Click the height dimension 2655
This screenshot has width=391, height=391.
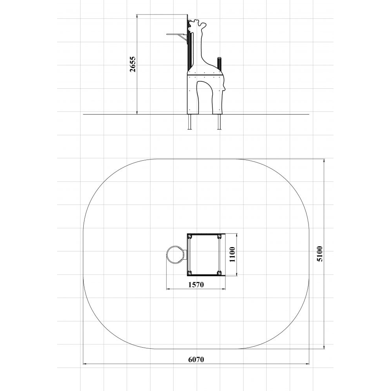[133, 64]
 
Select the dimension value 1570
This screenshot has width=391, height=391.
[196, 285]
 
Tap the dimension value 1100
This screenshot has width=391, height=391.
[232, 255]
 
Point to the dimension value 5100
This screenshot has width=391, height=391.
[319, 254]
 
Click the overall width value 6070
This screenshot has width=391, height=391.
[196, 359]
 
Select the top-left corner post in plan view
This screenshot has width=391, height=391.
[190, 236]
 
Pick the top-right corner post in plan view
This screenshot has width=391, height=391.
[219, 236]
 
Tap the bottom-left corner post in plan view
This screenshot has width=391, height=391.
[190, 273]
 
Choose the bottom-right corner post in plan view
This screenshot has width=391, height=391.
[219, 273]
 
